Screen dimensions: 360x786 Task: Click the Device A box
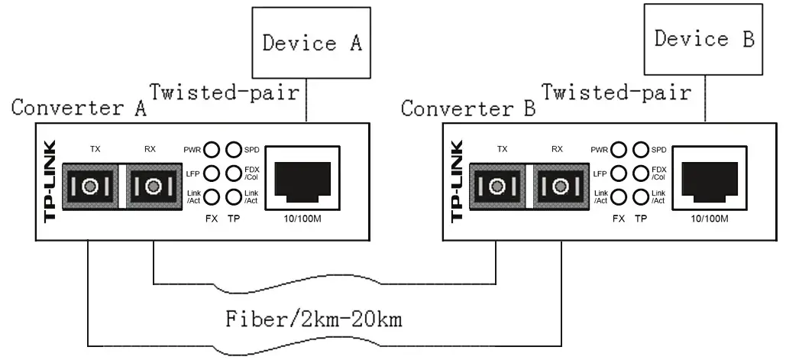tap(311, 43)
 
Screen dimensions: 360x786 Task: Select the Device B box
tap(704, 37)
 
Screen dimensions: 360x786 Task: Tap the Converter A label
tap(79, 108)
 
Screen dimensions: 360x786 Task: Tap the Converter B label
tap(467, 109)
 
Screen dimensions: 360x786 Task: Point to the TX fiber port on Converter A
tap(89, 185)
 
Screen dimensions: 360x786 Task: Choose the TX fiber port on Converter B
tap(498, 185)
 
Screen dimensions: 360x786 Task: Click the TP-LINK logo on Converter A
tap(50, 181)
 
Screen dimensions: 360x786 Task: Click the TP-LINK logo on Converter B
tap(458, 181)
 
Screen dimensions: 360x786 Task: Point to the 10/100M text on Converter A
tap(306, 218)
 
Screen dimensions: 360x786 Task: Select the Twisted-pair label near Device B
tap(616, 92)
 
